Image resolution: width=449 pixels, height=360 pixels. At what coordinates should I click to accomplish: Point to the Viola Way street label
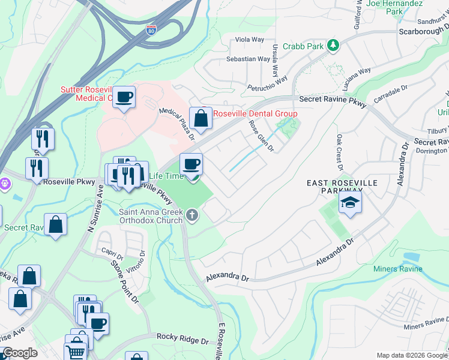[250, 40]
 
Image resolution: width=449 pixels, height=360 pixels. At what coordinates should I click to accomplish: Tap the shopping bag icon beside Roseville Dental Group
[201, 118]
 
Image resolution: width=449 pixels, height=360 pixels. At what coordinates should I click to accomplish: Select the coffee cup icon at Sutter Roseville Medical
[124, 97]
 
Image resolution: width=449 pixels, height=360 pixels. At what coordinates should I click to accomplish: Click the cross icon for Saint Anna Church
[191, 215]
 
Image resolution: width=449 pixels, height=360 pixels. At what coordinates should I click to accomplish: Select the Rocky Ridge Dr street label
[179, 340]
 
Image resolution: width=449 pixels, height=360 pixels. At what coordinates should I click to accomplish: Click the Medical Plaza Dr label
[177, 123]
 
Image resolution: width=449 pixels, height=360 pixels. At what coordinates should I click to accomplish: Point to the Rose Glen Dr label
[262, 136]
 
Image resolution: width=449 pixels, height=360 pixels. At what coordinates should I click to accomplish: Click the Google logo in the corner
[19, 353]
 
